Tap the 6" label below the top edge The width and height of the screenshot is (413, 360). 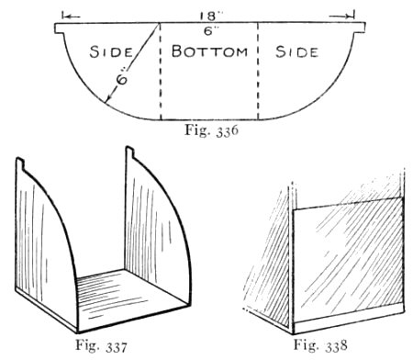pos(209,31)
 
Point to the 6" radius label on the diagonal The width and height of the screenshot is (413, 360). pos(122,79)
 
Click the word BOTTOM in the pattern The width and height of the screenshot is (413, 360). pos(209,51)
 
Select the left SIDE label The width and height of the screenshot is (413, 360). pos(111,51)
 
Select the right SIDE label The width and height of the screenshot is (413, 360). pos(296,51)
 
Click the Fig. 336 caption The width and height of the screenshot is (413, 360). pos(211,130)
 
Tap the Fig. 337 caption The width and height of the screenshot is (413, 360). pos(101,345)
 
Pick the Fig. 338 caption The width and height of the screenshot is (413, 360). pos(320,344)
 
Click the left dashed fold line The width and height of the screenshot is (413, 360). pos(161,71)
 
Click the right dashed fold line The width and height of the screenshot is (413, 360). pos(258,71)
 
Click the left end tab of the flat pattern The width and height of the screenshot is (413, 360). pos(60,28)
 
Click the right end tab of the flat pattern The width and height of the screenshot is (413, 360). pos(360,28)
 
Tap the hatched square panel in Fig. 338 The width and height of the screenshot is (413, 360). pos(347,260)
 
